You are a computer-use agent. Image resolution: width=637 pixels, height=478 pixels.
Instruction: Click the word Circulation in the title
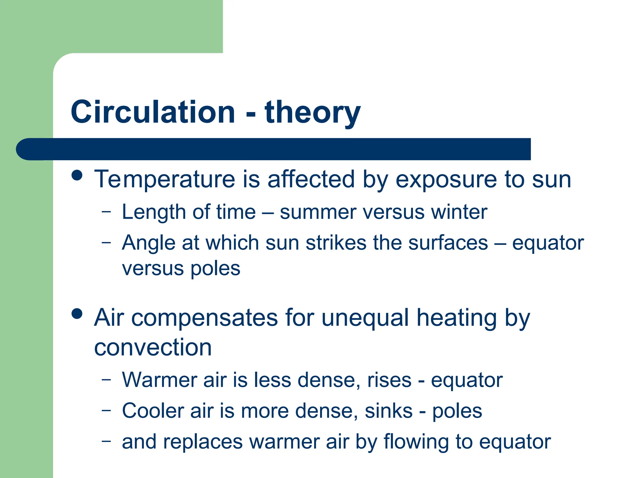point(153,112)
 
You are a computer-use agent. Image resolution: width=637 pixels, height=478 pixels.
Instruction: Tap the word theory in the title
point(312,112)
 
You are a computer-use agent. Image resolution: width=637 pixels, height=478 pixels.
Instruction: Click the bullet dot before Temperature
point(77,175)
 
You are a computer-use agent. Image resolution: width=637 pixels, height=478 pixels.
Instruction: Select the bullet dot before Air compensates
point(77,313)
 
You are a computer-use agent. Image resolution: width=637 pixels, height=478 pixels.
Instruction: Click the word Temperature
point(165,180)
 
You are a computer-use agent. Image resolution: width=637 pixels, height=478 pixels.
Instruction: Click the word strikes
point(336,243)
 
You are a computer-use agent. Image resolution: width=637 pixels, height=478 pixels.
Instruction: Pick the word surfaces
point(448,243)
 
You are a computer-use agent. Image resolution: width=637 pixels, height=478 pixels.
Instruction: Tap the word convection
point(153,347)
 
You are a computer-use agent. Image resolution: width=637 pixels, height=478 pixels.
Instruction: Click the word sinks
point(388,411)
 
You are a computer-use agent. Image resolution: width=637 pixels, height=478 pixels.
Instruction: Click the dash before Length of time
point(106,212)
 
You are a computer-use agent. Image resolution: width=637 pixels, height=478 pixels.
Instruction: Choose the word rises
point(389,380)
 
